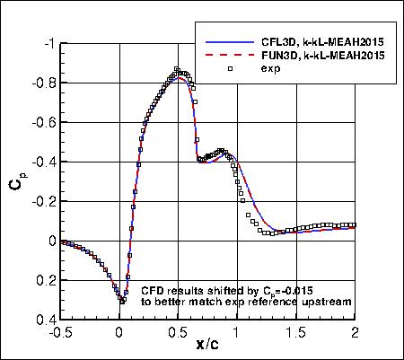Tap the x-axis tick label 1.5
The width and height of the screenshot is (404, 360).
coord(296,331)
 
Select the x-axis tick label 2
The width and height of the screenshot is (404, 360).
coord(355,331)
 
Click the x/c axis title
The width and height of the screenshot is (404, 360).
coord(206,344)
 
